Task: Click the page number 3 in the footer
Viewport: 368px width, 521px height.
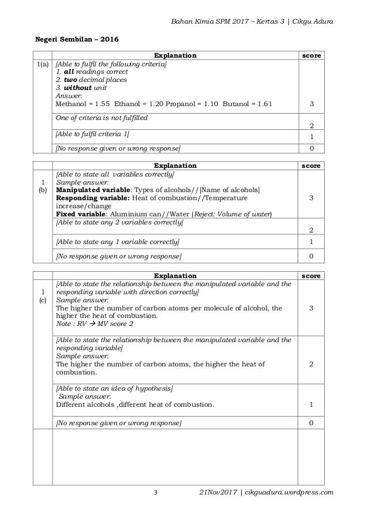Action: tap(155, 492)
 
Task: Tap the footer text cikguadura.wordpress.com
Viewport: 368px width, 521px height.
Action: tap(289, 492)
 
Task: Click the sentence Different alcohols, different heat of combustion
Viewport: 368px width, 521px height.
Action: tap(134, 404)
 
